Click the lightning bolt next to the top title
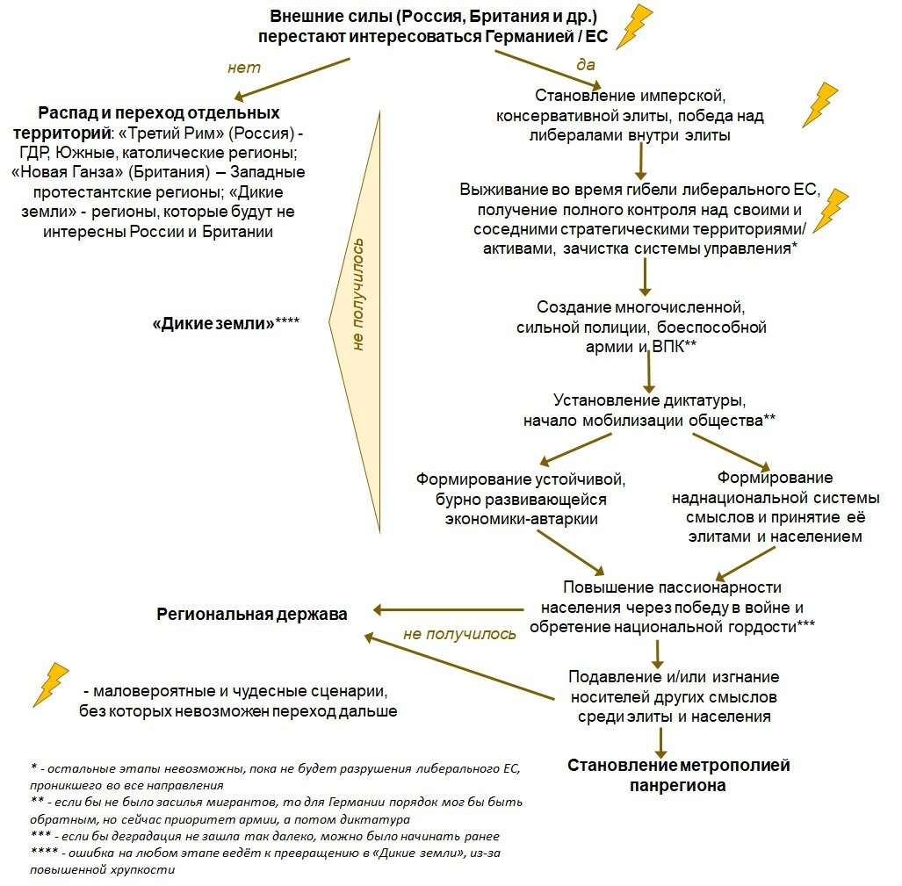click(635, 27)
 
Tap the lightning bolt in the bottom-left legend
click(50, 684)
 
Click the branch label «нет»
click(243, 68)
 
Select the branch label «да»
click(585, 64)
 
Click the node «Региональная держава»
click(252, 614)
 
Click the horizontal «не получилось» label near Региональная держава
click(459, 633)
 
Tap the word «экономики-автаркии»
click(521, 518)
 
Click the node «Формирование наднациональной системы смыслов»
click(762, 507)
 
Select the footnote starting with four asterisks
click(263, 861)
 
